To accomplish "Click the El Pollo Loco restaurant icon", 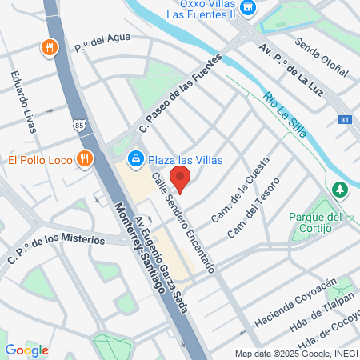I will click(x=82, y=159).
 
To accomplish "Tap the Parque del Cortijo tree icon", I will click(x=340, y=190).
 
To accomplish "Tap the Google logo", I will click(x=26, y=350).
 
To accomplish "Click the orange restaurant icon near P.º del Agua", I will click(x=50, y=47).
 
